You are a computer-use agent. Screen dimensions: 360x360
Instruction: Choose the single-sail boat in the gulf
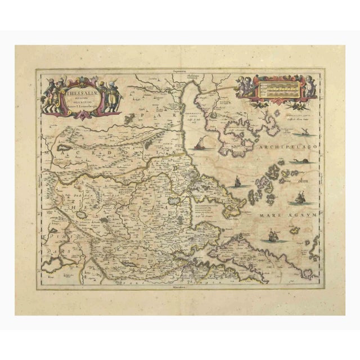tap(200, 146)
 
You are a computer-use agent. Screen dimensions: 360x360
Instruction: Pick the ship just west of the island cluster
tap(237, 182)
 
